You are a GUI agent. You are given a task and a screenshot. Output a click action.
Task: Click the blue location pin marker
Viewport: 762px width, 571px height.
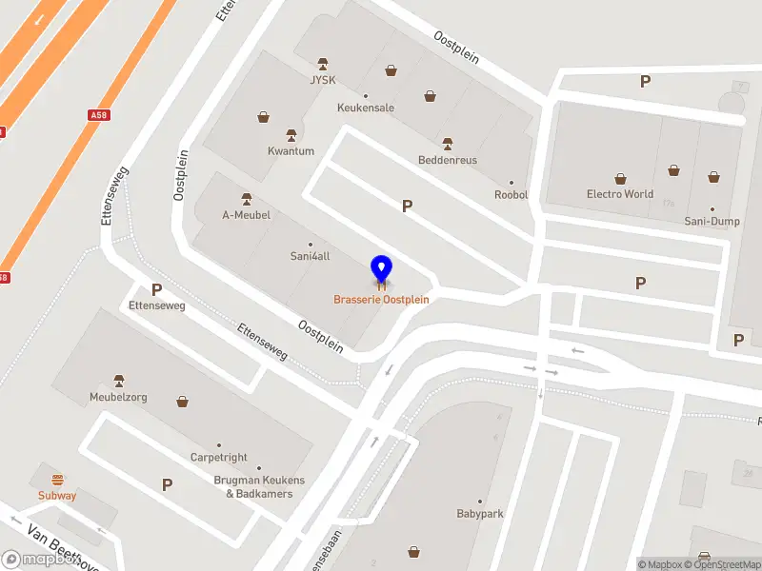click(381, 269)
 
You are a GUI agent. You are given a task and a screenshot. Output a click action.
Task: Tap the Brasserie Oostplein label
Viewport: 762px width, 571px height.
click(381, 300)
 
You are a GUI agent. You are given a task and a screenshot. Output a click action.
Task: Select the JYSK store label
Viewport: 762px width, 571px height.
click(323, 80)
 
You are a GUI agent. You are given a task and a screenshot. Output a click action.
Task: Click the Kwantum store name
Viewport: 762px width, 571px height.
click(291, 151)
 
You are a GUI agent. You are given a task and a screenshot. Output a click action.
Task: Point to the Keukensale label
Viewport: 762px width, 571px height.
click(366, 108)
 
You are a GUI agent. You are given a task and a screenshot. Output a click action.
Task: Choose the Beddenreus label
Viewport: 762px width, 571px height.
click(448, 160)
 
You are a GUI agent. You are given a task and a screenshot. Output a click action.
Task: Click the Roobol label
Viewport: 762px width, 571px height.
click(511, 195)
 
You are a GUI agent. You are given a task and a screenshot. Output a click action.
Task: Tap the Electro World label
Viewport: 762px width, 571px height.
click(620, 194)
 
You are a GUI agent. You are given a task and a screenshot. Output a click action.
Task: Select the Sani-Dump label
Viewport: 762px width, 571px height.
click(712, 221)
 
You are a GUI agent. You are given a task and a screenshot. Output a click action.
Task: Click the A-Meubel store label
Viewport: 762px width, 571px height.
click(247, 215)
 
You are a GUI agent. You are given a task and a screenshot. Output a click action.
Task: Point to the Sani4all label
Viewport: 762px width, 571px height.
click(310, 256)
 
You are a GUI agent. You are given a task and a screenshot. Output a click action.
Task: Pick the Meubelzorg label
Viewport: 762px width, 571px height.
click(118, 397)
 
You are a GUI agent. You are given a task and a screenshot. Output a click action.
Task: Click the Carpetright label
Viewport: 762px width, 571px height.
click(218, 458)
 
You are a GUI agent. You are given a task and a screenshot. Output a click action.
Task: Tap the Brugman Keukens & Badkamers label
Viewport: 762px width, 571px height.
click(259, 487)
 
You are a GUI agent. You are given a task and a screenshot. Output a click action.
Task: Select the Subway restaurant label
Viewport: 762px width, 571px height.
click(57, 496)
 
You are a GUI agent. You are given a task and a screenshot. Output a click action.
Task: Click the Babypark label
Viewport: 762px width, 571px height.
click(480, 514)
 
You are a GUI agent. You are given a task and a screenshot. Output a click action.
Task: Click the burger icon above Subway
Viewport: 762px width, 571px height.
click(57, 479)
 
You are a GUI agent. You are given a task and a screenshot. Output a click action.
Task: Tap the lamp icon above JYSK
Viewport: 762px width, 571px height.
click(323, 63)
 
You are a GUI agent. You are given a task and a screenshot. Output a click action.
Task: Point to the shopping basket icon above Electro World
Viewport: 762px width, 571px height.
click(621, 178)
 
